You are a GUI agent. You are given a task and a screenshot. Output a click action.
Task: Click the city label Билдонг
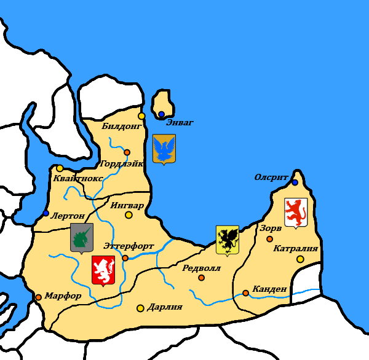coord(121,126)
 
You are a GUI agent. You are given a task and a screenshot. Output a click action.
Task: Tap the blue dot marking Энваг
coord(161,114)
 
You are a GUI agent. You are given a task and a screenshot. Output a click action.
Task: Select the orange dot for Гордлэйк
coord(127,152)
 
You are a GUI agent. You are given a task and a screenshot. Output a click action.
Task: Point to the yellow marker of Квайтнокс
coord(60,168)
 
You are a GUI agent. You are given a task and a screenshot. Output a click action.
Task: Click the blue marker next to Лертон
coord(46,213)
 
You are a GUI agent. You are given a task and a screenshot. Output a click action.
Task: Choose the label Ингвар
coord(127,205)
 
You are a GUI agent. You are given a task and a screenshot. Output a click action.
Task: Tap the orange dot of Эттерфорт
coord(125,258)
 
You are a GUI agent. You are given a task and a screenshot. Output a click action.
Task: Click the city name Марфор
coord(63,295)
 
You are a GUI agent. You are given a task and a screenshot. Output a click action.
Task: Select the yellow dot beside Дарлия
coord(140,308)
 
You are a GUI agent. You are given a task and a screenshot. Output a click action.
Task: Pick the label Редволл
coord(201,268)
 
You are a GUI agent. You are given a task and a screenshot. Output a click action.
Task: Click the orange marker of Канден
coord(245,293)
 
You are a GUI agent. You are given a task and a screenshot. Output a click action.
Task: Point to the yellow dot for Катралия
coord(300,259)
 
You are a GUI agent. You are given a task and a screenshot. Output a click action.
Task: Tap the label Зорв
coord(271,227)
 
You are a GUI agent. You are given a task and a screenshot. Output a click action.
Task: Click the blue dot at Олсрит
coord(295,182)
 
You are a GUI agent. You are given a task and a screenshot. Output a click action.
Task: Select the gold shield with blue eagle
coord(164,149)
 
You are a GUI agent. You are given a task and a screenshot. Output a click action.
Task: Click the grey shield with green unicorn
coord(81,238)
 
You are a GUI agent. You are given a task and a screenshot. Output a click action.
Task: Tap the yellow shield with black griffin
coord(228,240)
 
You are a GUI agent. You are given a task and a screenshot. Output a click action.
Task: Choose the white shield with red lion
coord(296,213)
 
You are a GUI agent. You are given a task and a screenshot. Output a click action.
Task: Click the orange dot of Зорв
coord(269,238)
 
